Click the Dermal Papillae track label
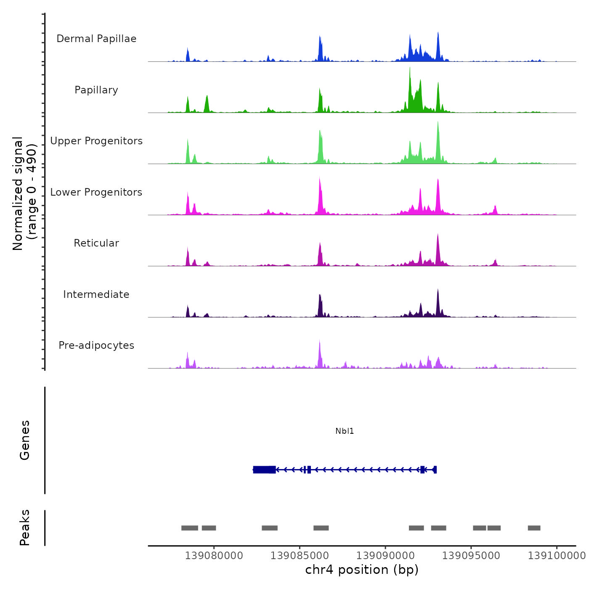pyautogui.click(x=96, y=39)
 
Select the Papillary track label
pyautogui.click(x=96, y=90)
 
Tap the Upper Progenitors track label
pyautogui.click(x=96, y=141)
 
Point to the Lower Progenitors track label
pyautogui.click(x=96, y=192)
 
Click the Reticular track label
pyautogui.click(x=96, y=243)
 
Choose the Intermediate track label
pyautogui.click(x=96, y=294)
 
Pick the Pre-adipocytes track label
pyautogui.click(x=96, y=345)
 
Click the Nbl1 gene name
pyautogui.click(x=345, y=431)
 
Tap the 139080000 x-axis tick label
pyautogui.click(x=214, y=556)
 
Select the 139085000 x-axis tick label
pyautogui.click(x=300, y=556)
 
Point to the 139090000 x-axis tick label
pyautogui.click(x=385, y=556)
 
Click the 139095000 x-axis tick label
pyautogui.click(x=471, y=556)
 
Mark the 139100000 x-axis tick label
pyautogui.click(x=557, y=556)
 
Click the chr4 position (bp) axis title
pyautogui.click(x=362, y=570)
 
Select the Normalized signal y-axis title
pyautogui.click(x=18, y=194)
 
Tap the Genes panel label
pyautogui.click(x=24, y=440)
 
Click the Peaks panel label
pyautogui.click(x=24, y=528)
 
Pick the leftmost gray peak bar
pyautogui.click(x=190, y=528)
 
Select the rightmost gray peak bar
pyautogui.click(x=534, y=528)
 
